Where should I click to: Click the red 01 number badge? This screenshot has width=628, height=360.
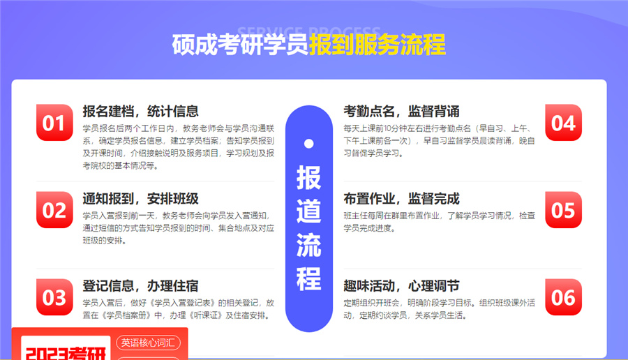pyautogui.click(x=54, y=123)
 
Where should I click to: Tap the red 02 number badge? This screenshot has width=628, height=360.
pyautogui.click(x=54, y=210)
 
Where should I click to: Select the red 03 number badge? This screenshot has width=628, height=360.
pyautogui.click(x=54, y=297)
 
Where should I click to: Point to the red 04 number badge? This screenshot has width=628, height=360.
pyautogui.click(x=563, y=123)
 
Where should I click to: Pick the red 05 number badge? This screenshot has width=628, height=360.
pyautogui.click(x=563, y=210)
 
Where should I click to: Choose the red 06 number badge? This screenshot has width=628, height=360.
pyautogui.click(x=563, y=297)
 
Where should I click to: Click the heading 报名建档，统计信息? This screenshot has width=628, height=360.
pyautogui.click(x=140, y=111)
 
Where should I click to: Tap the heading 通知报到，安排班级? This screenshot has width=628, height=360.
pyautogui.click(x=140, y=198)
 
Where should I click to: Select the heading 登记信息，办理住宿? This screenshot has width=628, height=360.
pyautogui.click(x=140, y=285)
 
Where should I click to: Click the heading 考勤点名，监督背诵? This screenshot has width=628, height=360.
pyautogui.click(x=401, y=111)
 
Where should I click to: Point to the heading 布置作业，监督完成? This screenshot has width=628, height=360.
pyautogui.click(x=401, y=198)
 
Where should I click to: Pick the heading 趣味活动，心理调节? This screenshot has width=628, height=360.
pyautogui.click(x=401, y=285)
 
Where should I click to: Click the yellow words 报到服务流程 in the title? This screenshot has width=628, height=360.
pyautogui.click(x=377, y=45)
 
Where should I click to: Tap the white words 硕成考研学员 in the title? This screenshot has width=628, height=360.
pyautogui.click(x=240, y=45)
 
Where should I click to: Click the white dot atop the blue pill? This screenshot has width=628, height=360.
pyautogui.click(x=309, y=143)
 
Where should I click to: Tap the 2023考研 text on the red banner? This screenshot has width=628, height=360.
pyautogui.click(x=65, y=352)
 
